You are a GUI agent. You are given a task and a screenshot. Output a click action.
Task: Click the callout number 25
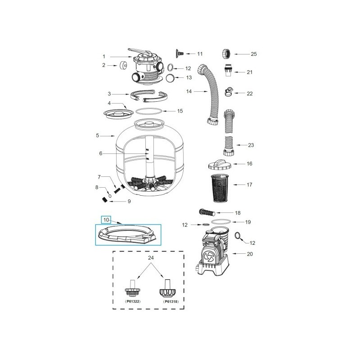point(253,54)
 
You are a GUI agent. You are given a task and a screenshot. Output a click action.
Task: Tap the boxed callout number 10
point(106,220)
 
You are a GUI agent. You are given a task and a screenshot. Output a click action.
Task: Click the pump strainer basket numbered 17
point(220,185)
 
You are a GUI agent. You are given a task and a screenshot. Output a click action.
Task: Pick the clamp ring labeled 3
point(150,96)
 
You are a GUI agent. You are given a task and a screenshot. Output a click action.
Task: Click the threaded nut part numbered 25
point(227,54)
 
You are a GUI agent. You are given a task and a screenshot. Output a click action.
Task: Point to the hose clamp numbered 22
point(229,93)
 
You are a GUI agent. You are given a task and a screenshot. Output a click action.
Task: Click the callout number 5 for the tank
point(98,135)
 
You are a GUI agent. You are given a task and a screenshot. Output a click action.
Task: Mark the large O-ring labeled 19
point(222,222)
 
